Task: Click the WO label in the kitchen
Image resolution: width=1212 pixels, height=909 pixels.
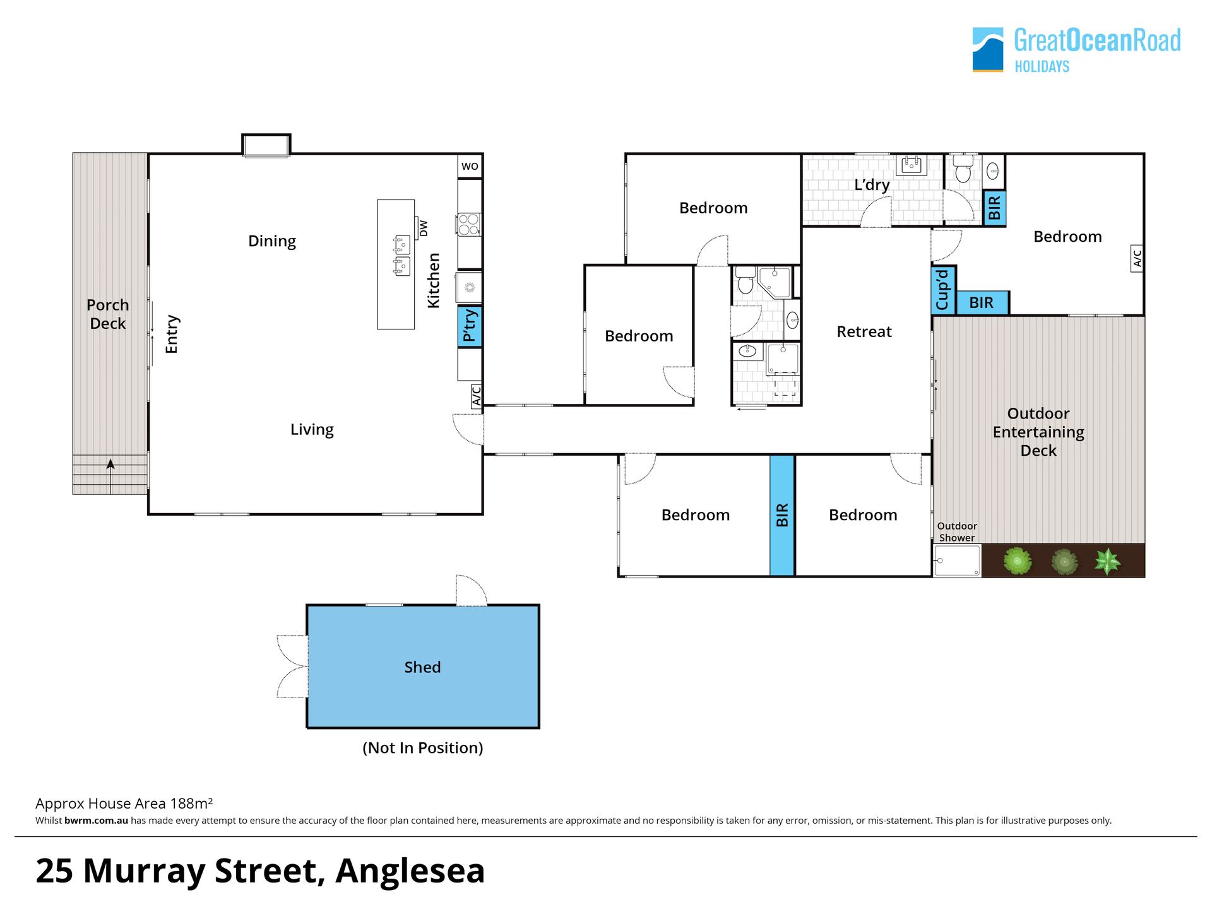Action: (x=470, y=167)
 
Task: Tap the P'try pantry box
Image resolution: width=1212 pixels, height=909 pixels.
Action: (x=470, y=326)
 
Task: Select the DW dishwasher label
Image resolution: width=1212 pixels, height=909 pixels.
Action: (x=423, y=228)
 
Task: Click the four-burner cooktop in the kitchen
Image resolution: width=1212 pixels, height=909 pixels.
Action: (x=468, y=225)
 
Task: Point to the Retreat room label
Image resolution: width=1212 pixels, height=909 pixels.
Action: (x=864, y=331)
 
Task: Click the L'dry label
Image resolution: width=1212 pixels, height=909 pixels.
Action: (x=872, y=185)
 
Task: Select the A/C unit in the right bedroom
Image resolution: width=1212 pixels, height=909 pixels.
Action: (x=1137, y=259)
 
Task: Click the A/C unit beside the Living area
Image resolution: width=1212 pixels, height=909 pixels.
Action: (x=477, y=396)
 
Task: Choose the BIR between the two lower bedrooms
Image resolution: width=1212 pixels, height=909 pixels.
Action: (x=782, y=515)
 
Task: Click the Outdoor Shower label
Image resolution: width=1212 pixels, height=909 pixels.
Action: (x=957, y=532)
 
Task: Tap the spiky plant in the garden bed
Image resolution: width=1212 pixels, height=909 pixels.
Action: (x=1107, y=561)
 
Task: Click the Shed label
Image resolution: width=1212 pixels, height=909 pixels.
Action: (x=422, y=667)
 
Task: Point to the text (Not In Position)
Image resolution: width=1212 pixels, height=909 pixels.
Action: (x=423, y=748)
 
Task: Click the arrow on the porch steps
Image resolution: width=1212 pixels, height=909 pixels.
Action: (x=110, y=476)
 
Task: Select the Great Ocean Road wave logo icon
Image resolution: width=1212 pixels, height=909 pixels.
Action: (x=987, y=49)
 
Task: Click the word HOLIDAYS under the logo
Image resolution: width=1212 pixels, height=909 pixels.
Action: (x=1042, y=66)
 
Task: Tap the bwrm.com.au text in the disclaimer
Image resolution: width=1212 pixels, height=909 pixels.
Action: (x=96, y=821)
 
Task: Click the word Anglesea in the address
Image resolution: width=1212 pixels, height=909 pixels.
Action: (x=410, y=871)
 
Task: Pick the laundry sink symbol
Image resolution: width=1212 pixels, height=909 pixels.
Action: (x=912, y=165)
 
